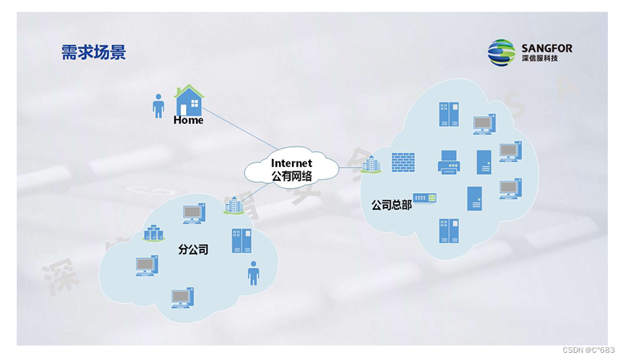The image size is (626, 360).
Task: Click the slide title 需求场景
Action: pyautogui.click(x=93, y=52)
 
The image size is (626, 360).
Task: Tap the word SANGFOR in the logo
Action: pyautogui.click(x=546, y=49)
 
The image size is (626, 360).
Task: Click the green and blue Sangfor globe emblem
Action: pyautogui.click(x=501, y=53)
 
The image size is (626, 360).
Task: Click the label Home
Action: pyautogui.click(x=188, y=120)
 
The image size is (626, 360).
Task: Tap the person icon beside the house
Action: pyautogui.click(x=158, y=106)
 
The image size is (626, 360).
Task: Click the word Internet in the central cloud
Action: pyautogui.click(x=291, y=163)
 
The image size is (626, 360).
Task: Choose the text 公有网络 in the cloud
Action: pyautogui.click(x=291, y=176)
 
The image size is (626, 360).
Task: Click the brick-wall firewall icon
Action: pyautogui.click(x=402, y=162)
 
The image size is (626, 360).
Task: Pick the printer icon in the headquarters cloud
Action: pyautogui.click(x=450, y=163)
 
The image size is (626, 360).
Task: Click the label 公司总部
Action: pyautogui.click(x=391, y=205)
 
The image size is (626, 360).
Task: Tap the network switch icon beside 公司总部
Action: pyautogui.click(x=424, y=198)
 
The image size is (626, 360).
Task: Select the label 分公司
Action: pyautogui.click(x=193, y=249)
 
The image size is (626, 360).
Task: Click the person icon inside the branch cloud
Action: pyautogui.click(x=253, y=272)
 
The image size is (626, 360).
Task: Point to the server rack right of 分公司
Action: pyautogui.click(x=241, y=240)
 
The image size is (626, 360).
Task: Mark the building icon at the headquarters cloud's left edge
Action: pyautogui.click(x=370, y=165)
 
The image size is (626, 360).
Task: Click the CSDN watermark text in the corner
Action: pyautogui.click(x=589, y=350)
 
